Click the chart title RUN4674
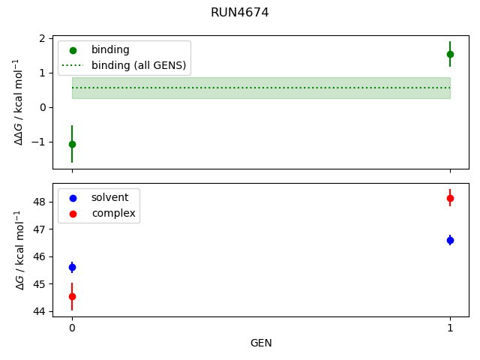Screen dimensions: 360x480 tap(240, 13)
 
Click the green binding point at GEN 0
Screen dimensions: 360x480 tap(72, 144)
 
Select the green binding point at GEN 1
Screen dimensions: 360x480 tap(450, 54)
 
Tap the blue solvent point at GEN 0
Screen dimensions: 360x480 tap(72, 267)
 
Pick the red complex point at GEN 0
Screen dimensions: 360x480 tap(72, 296)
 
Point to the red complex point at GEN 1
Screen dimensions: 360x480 tap(450, 198)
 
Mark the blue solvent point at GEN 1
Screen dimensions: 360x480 tap(450, 240)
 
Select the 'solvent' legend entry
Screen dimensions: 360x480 tap(109, 197)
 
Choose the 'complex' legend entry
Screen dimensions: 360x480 tap(113, 213)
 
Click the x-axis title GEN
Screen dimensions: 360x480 tap(261, 343)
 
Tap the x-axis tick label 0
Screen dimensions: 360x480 tap(72, 328)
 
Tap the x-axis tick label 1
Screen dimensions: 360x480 tap(450, 328)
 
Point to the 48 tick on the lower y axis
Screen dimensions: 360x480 tap(40, 202)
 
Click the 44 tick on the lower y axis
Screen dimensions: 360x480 tap(40, 311)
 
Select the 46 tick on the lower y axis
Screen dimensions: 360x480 tap(40, 256)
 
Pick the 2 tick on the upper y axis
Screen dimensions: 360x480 tap(44, 38)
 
